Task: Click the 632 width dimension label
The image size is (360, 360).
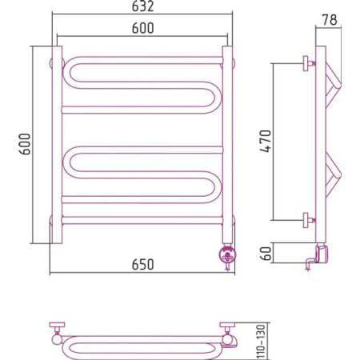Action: (x=143, y=6)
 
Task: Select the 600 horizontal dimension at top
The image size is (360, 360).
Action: (x=143, y=28)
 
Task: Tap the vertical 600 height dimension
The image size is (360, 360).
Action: (x=26, y=144)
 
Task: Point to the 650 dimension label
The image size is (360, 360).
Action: (x=143, y=265)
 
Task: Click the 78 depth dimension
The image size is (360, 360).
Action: (x=330, y=20)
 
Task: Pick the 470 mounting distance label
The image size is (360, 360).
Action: (x=266, y=141)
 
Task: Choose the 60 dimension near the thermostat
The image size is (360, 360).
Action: (x=266, y=254)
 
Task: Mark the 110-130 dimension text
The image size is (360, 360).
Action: (x=262, y=342)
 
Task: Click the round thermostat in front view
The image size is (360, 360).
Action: (x=227, y=255)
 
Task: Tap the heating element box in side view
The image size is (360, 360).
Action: (x=322, y=254)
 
